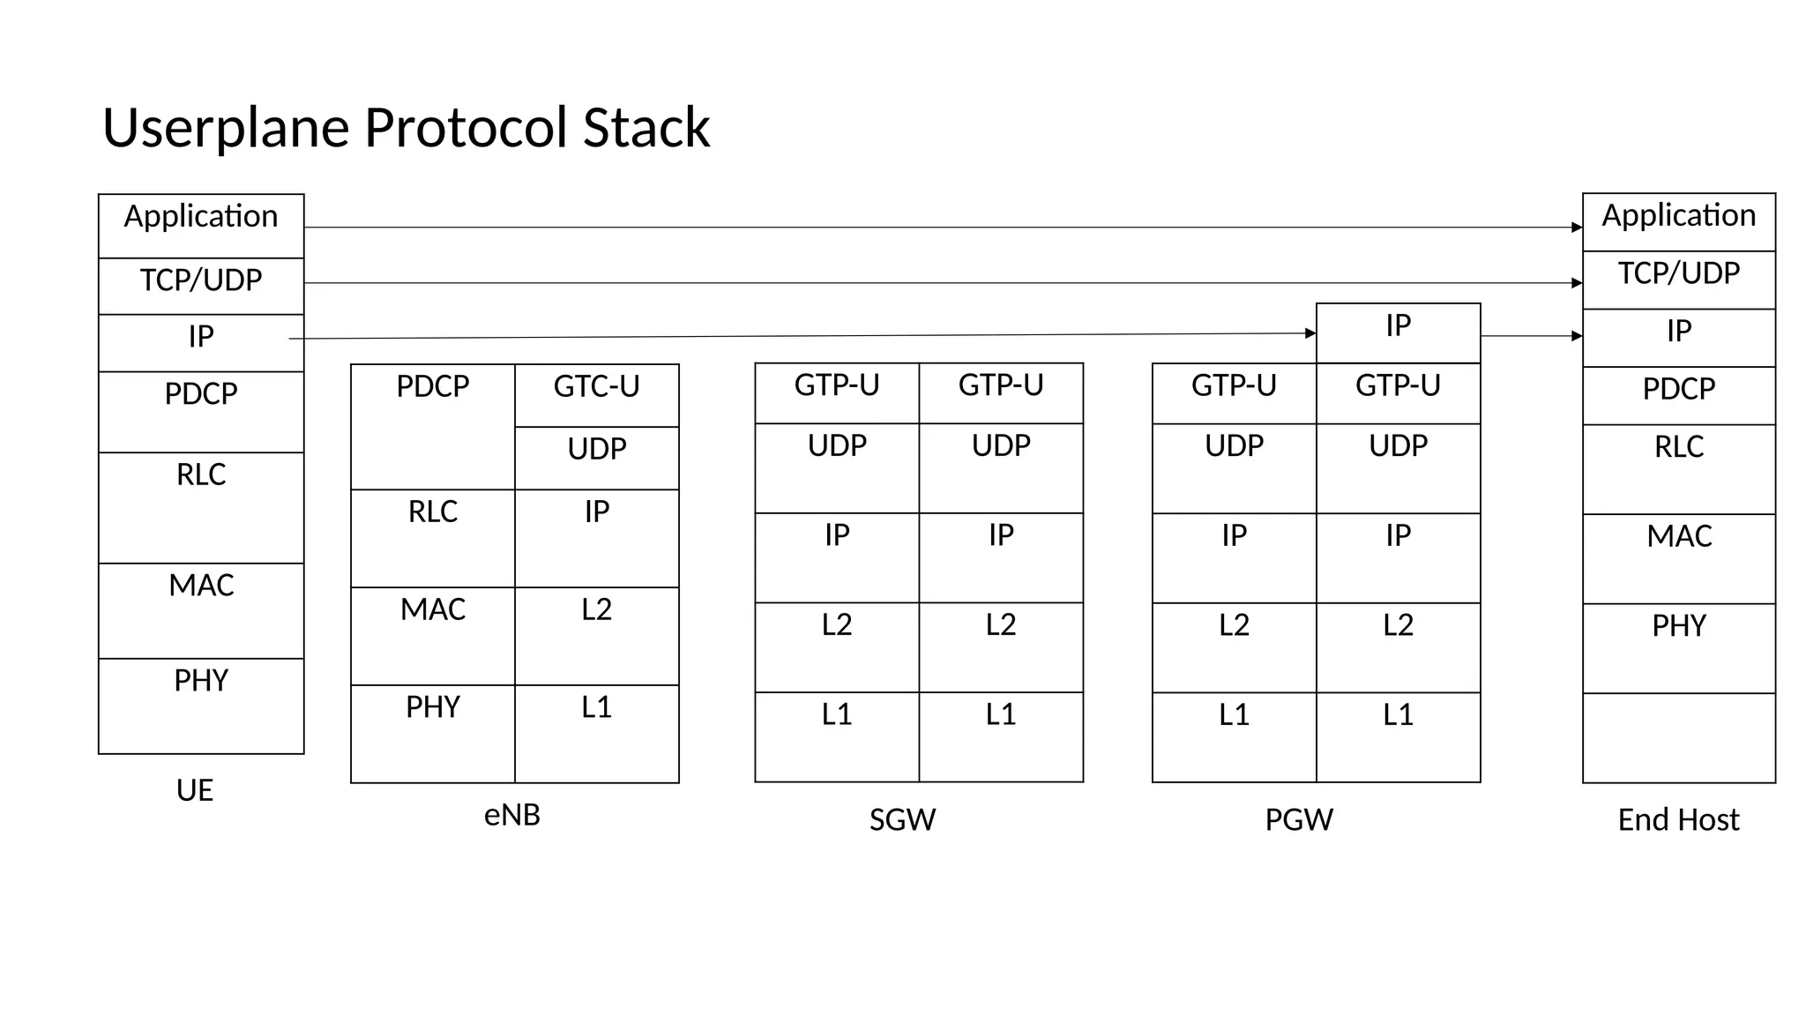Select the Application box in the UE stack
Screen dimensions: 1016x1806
pos(201,226)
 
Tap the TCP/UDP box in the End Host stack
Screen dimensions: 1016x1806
pos(1678,280)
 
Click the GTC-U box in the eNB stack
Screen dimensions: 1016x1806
pos(596,394)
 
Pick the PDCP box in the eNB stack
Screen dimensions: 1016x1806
pos(432,426)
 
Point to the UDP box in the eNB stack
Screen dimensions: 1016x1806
pos(596,458)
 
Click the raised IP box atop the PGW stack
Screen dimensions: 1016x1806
pos(1398,332)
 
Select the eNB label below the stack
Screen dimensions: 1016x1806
pos(511,814)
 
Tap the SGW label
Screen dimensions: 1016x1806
pos(902,819)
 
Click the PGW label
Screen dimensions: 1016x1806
pos(1298,819)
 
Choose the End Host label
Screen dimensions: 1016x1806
pos(1678,819)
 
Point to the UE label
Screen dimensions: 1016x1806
pos(194,789)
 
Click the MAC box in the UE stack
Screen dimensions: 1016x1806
pos(201,610)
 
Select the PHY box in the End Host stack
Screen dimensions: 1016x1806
pos(1678,647)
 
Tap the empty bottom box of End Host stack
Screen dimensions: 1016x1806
pos(1678,737)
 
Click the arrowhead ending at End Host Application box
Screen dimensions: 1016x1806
pos(1577,228)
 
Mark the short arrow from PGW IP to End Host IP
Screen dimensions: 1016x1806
pos(1531,336)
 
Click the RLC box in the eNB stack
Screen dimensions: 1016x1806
pos(432,538)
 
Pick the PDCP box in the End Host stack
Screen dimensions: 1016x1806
pos(1678,395)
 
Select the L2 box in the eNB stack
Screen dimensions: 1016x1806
pos(596,635)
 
